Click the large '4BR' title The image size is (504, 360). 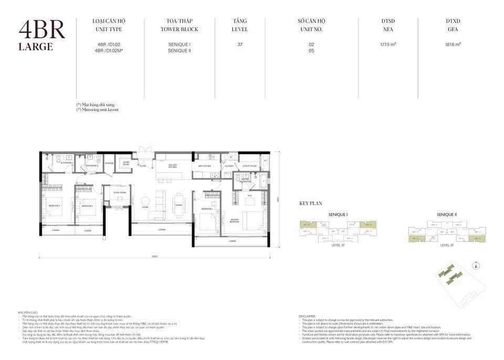tap(41, 30)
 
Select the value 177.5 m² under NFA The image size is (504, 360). tap(388, 45)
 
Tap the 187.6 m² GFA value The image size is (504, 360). tap(453, 45)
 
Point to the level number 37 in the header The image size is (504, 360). tap(240, 45)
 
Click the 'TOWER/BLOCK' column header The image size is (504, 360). tap(179, 29)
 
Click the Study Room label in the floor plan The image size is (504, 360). tap(120, 193)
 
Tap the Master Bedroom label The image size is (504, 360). tap(234, 220)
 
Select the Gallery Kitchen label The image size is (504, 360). tap(173, 166)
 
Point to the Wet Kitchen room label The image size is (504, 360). tap(204, 166)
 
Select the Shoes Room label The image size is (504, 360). tap(126, 163)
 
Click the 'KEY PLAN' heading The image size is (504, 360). tap(310, 203)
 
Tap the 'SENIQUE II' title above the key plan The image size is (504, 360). tap(447, 214)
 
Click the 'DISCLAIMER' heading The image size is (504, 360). tap(307, 316)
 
